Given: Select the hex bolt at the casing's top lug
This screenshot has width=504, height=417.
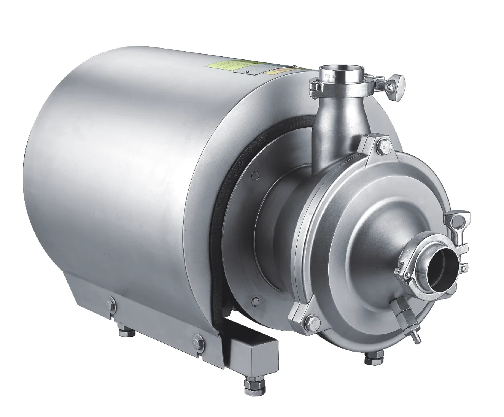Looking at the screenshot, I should click(x=383, y=145).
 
